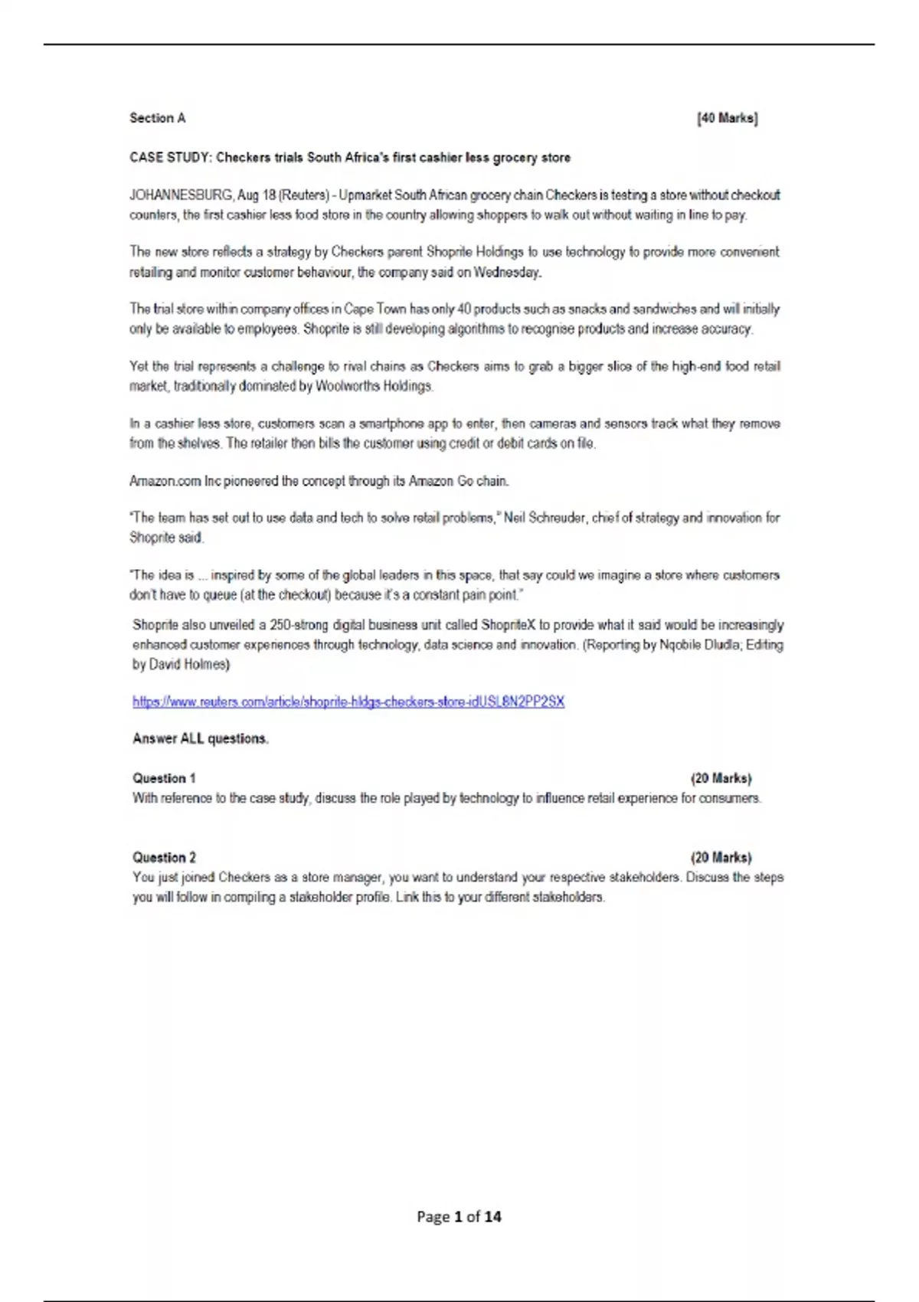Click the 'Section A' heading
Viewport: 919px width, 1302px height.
click(x=157, y=118)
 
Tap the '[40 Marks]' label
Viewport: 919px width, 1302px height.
click(x=727, y=118)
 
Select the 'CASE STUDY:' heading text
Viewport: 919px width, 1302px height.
click(x=170, y=158)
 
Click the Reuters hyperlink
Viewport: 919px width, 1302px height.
click(x=348, y=702)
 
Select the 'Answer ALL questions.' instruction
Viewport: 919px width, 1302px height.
click(x=201, y=739)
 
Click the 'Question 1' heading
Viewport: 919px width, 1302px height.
click(x=164, y=778)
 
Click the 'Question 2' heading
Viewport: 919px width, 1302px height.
click(x=164, y=858)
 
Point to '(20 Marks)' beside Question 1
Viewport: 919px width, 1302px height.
click(x=721, y=778)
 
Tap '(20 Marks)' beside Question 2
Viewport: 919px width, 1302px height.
click(x=721, y=858)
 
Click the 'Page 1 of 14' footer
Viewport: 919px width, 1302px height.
click(x=459, y=1216)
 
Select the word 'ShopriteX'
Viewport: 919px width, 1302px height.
click(x=509, y=625)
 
